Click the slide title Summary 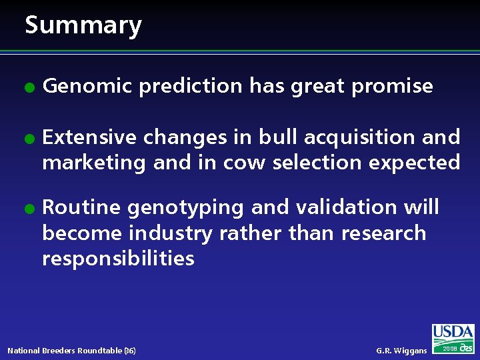coord(83,25)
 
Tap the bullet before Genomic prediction coord(28,87)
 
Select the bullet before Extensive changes coord(28,138)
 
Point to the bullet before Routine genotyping coord(28,208)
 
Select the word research coord(383,233)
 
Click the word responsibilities coord(118,258)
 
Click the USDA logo coord(453,333)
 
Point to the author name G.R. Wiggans coord(401,351)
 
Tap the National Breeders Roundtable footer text coord(71,351)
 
